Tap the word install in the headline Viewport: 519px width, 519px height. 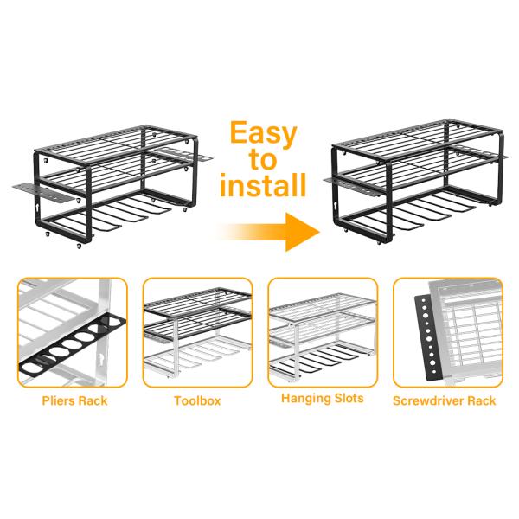263,185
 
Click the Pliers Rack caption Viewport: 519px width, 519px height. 74,400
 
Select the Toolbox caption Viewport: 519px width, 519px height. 197,400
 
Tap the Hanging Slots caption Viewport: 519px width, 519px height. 323,398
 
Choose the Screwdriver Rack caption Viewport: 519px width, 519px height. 445,400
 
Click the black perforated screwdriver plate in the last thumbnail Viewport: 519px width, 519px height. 429,337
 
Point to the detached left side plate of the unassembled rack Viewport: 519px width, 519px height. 42,192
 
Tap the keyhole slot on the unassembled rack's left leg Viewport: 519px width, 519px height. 37,208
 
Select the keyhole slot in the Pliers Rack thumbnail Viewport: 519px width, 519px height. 99,358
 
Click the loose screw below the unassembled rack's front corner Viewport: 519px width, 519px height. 79,246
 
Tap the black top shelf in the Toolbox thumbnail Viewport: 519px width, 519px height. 197,301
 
